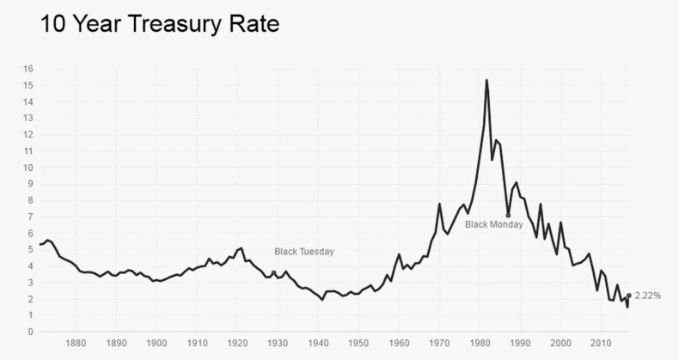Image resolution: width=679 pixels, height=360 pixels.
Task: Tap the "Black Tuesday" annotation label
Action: point(303,252)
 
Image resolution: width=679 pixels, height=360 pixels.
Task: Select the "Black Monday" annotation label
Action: point(494,224)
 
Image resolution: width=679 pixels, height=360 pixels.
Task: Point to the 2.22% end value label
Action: point(648,296)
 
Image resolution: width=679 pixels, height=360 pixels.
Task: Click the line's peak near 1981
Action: point(486,80)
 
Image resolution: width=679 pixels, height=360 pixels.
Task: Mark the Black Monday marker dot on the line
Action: point(508,215)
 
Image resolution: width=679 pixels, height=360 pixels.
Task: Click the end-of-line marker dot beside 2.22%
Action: point(628,296)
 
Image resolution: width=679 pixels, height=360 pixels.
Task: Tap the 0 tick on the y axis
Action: point(30,332)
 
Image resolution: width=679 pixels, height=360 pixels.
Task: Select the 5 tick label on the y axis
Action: point(30,249)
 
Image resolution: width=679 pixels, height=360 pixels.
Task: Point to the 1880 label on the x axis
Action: point(76,343)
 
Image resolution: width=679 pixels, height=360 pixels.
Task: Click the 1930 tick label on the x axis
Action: point(278,343)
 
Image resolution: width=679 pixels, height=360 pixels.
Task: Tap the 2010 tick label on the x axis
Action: point(602,343)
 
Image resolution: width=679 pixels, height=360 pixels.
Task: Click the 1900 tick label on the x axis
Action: point(156,343)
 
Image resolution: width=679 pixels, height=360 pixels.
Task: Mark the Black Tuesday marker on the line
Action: point(274,272)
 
